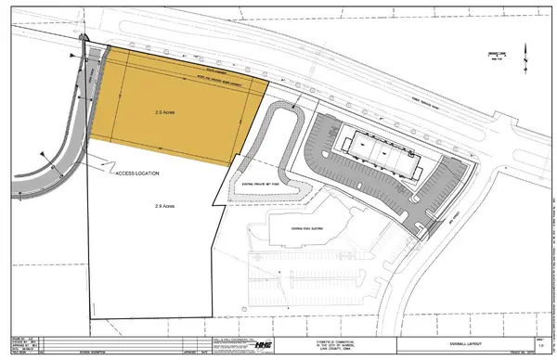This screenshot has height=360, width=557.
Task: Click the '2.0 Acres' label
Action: pyautogui.click(x=164, y=111)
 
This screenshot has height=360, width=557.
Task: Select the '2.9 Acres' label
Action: pyautogui.click(x=165, y=205)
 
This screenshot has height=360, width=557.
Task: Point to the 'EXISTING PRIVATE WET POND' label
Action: pyautogui.click(x=267, y=186)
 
